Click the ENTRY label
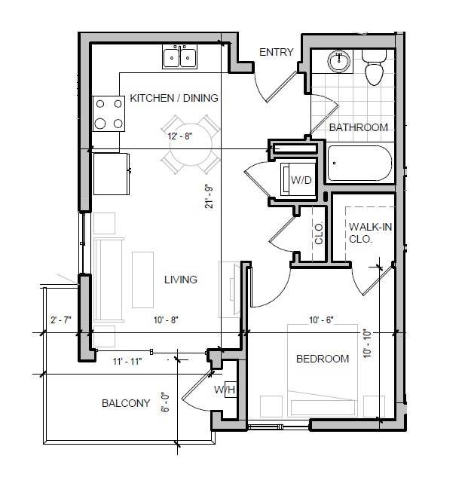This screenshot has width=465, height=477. click(276, 52)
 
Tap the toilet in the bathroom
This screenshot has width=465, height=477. click(372, 67)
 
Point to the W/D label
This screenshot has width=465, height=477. click(301, 180)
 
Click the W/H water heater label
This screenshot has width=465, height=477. click(225, 390)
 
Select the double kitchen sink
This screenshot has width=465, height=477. click(179, 57)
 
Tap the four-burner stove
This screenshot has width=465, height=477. click(109, 114)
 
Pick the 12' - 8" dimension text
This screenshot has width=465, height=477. click(181, 137)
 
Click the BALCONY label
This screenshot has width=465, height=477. click(126, 403)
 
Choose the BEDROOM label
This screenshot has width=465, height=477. click(322, 359)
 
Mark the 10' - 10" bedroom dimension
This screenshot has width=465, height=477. click(368, 344)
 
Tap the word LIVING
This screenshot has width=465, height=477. click(181, 280)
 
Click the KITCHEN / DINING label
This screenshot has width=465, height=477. click(174, 98)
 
